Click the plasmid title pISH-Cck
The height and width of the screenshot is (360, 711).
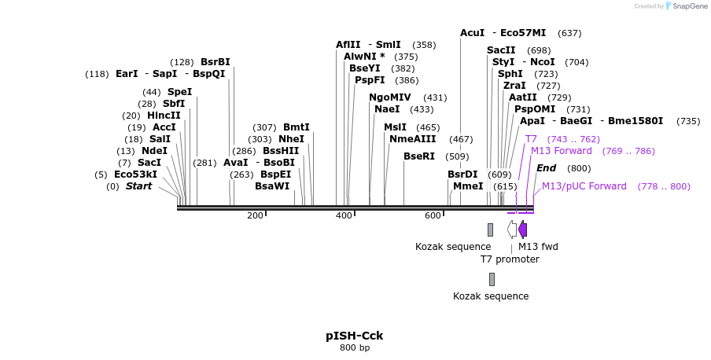[x=355, y=336]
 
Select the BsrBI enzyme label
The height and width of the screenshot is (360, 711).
[x=215, y=62]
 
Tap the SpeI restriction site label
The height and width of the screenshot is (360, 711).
[x=179, y=92]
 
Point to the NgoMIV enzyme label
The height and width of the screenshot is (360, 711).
[x=390, y=97]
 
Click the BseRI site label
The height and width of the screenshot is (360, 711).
[x=419, y=156]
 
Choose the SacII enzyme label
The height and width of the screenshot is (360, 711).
[x=501, y=50]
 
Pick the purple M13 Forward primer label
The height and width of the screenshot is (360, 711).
[x=562, y=151]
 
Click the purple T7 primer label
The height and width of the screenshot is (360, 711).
[x=531, y=139]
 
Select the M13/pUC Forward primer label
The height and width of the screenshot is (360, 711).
[x=584, y=186]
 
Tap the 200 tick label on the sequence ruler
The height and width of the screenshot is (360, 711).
[x=255, y=216]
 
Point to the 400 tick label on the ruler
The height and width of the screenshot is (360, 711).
[x=344, y=216]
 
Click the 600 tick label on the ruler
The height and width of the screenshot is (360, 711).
[x=433, y=216]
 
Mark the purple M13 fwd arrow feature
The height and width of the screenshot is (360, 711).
[x=522, y=230]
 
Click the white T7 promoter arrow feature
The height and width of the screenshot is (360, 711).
[x=512, y=230]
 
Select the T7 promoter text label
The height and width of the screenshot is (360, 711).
[x=510, y=259]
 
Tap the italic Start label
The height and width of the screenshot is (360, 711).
[x=138, y=186]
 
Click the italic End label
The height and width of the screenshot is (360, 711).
[x=546, y=168]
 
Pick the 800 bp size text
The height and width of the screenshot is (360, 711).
[x=355, y=347]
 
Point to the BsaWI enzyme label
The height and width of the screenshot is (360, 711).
[x=272, y=186]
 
